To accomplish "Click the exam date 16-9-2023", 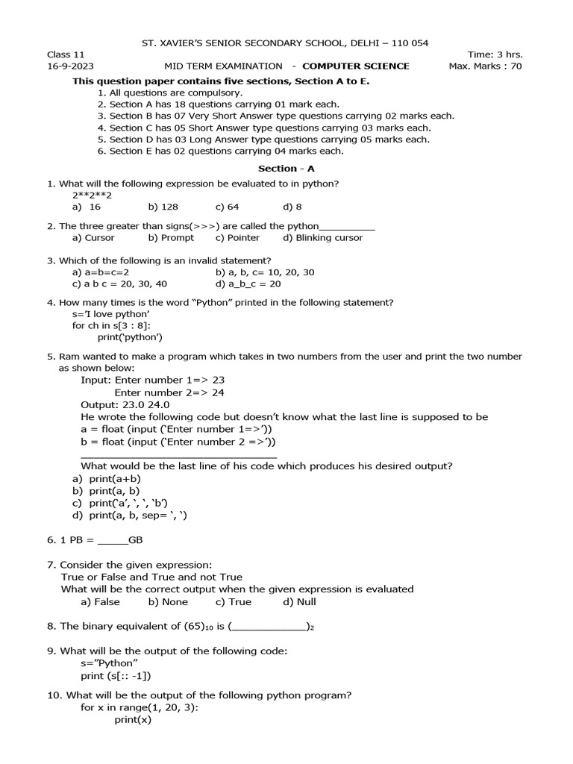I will pos(69,66).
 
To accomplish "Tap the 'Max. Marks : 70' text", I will pos(485,66).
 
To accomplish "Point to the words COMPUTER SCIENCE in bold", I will pos(356,66).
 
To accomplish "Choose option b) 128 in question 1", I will pos(163,207).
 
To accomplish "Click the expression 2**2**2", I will pos(92,195).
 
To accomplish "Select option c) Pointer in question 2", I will pos(237,238).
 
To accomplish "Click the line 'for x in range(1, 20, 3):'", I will pos(140,707).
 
